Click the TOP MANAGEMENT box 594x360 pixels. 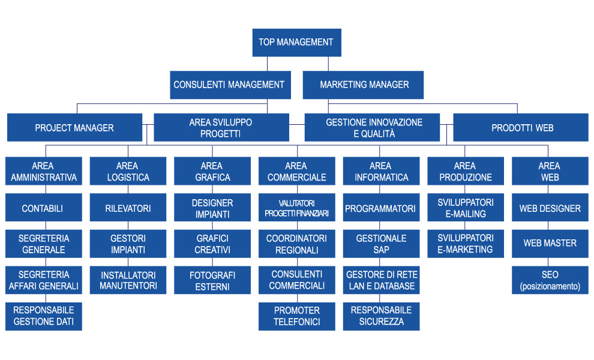[296, 43]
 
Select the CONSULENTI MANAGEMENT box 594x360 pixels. [229, 85]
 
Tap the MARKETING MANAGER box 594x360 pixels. [364, 85]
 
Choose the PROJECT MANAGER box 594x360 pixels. [74, 128]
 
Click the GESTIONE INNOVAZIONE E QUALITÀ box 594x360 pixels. [374, 128]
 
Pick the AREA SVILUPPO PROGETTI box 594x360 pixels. [220, 128]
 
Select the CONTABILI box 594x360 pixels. [43, 208]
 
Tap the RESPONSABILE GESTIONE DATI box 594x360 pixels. [44, 316]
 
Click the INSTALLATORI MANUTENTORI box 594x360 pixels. [128, 280]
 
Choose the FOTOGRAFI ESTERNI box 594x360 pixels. [212, 280]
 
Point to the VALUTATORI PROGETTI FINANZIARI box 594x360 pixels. [296, 208]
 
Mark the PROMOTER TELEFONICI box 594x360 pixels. [296, 316]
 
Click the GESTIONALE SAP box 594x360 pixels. [381, 244]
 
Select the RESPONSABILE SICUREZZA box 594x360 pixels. [381, 316]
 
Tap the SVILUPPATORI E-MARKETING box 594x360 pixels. [466, 244]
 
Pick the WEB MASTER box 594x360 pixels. [550, 243]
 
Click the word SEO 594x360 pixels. [550, 275]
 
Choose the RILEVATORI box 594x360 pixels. [128, 208]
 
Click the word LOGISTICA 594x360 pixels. [128, 178]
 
